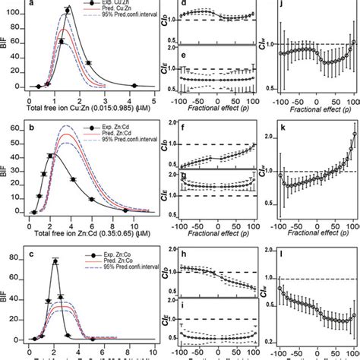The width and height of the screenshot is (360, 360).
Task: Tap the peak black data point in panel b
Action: pyautogui.click(x=51, y=156)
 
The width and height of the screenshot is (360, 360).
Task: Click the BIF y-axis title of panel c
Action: pyautogui.click(x=6, y=300)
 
